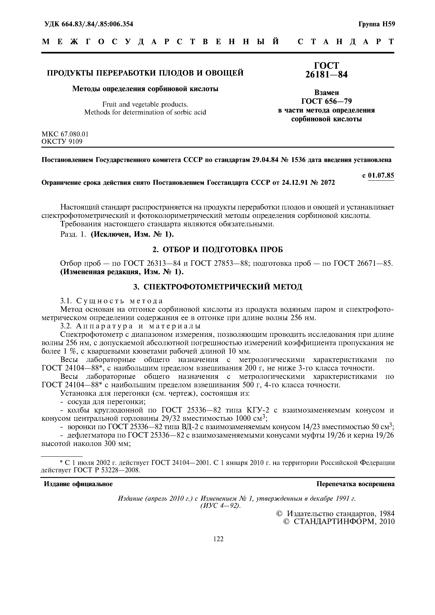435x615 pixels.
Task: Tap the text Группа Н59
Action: pyautogui.click(x=377, y=24)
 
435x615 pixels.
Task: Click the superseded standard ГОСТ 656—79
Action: pyautogui.click(x=326, y=101)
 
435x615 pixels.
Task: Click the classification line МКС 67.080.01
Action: pyautogui.click(x=65, y=134)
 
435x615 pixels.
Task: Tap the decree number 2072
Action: pyautogui.click(x=328, y=183)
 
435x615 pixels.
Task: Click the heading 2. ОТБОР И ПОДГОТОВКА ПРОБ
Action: pyautogui.click(x=217, y=250)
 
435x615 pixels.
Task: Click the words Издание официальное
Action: pyautogui.click(x=78, y=484)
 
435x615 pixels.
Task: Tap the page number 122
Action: pyautogui.click(x=218, y=539)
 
